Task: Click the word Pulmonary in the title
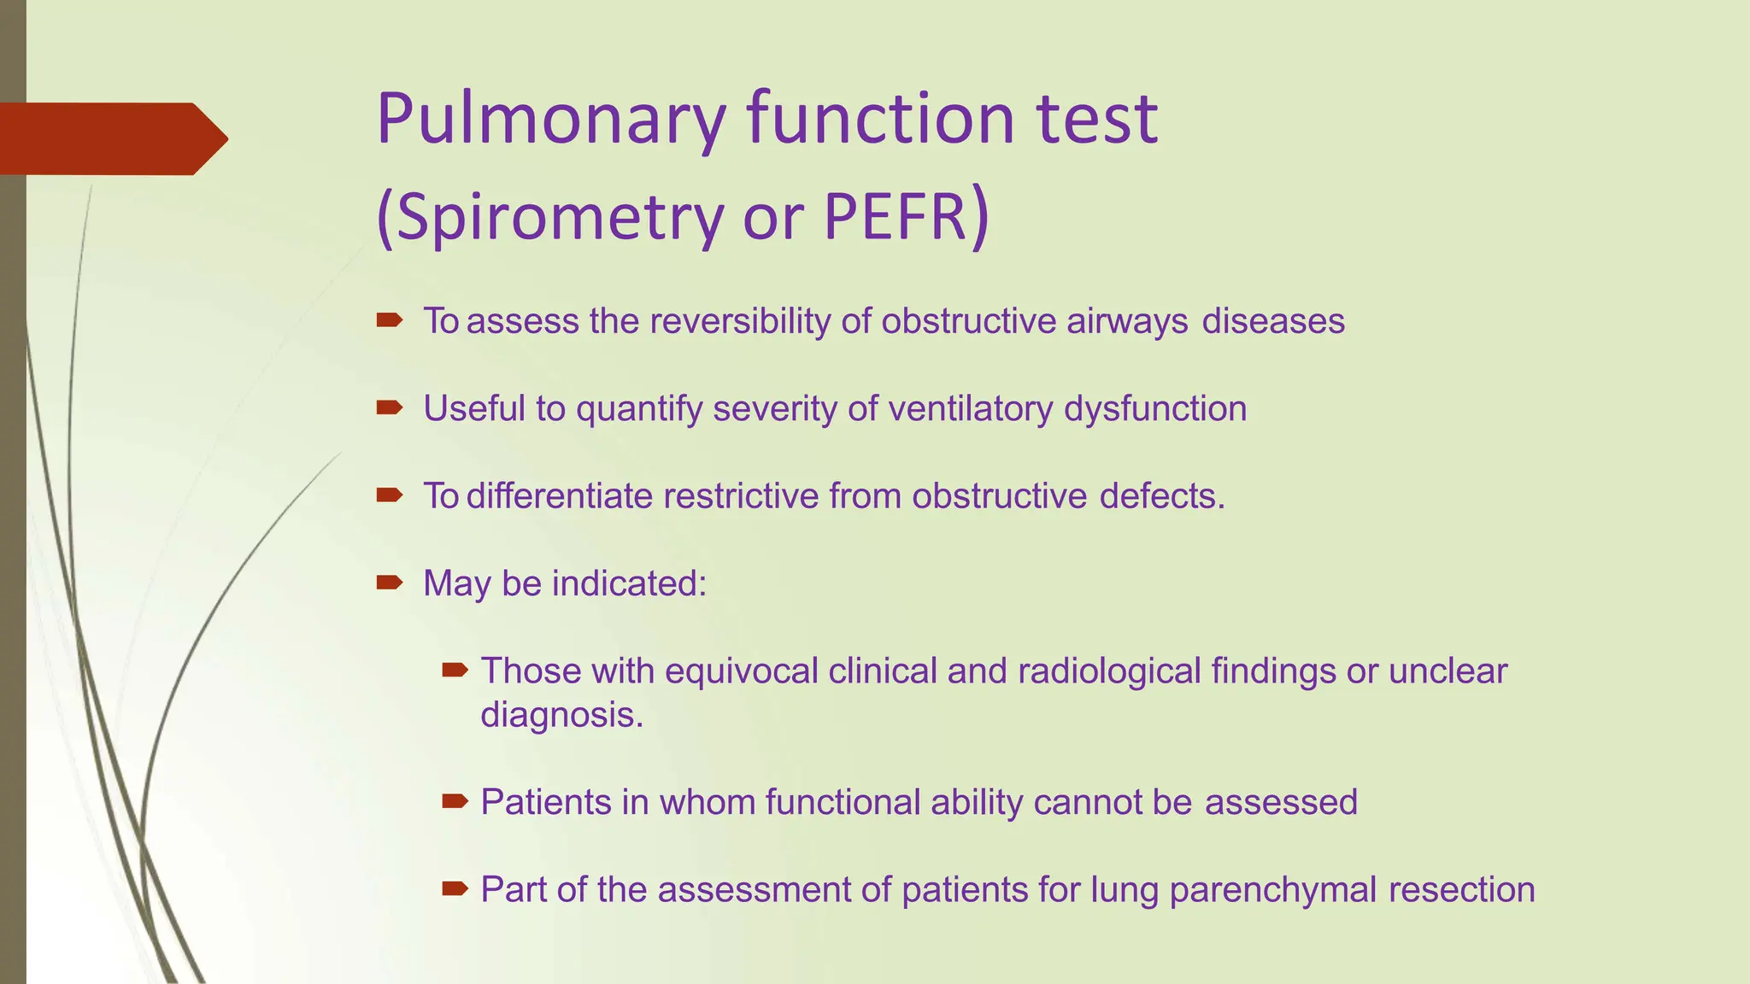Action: (551, 120)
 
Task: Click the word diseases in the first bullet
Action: (1273, 322)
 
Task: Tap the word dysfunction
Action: (1155, 409)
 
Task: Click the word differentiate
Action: (560, 496)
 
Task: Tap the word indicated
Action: (629, 584)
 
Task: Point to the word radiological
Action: (1110, 671)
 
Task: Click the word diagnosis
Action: (561, 715)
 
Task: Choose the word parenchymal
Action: (1273, 890)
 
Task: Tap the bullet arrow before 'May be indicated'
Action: (389, 583)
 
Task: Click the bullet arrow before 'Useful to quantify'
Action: (389, 408)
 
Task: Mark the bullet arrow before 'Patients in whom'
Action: (455, 801)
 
